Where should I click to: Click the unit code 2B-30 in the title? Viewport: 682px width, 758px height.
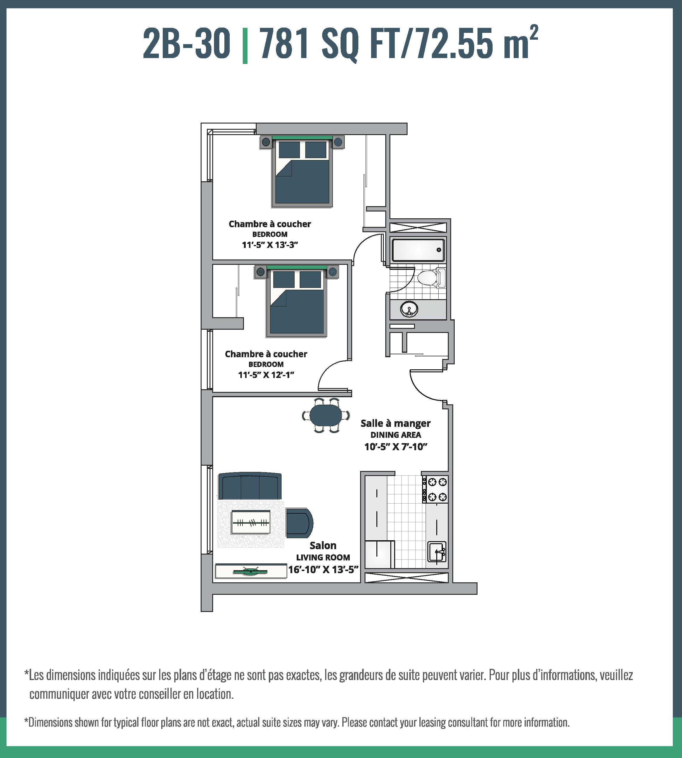pyautogui.click(x=186, y=44)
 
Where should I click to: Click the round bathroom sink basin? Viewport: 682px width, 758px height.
pyautogui.click(x=409, y=309)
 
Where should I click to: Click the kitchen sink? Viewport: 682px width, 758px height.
pyautogui.click(x=437, y=552)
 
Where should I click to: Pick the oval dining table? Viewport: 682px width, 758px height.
pyautogui.click(x=326, y=415)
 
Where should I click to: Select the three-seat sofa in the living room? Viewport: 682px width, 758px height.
pyautogui.click(x=250, y=486)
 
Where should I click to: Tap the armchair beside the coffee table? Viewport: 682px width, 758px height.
pyautogui.click(x=299, y=523)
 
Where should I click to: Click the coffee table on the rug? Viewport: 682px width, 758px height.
pyautogui.click(x=251, y=522)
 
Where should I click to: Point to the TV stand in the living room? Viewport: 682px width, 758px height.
pyautogui.click(x=251, y=571)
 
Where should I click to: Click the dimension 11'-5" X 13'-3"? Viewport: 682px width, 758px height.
pyautogui.click(x=270, y=245)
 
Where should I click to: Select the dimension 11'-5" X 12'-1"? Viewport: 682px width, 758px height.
pyautogui.click(x=266, y=375)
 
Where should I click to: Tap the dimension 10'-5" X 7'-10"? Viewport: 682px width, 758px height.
pyautogui.click(x=396, y=447)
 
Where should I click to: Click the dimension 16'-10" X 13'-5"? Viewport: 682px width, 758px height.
pyautogui.click(x=323, y=570)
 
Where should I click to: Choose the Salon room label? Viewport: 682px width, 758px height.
pyautogui.click(x=323, y=546)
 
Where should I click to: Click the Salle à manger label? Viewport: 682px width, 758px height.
pyautogui.click(x=395, y=424)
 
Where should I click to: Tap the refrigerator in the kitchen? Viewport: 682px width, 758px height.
pyautogui.click(x=379, y=554)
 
